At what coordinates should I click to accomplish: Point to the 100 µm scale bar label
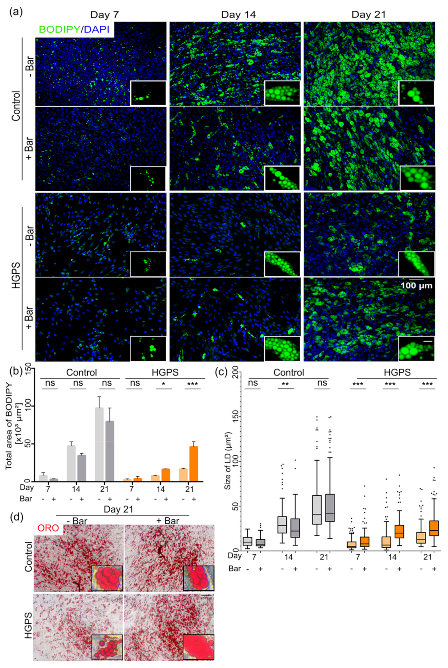pos(416,285)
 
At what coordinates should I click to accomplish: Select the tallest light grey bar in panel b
pos(99,444)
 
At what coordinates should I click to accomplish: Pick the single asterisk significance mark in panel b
pos(164,384)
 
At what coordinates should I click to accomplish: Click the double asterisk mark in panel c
pos(285,384)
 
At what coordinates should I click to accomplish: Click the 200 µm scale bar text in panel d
pos(206,598)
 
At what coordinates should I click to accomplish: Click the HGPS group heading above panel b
pos(165,373)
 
